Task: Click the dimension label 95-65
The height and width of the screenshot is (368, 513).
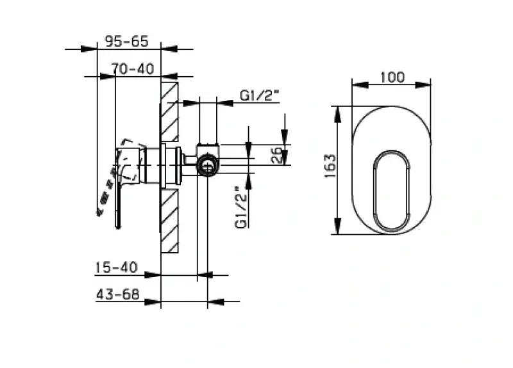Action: click(x=126, y=42)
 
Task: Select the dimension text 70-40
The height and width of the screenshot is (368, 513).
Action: click(x=132, y=68)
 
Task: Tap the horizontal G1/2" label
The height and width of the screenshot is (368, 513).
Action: click(x=260, y=95)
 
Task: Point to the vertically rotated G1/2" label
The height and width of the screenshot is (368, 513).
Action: click(x=240, y=207)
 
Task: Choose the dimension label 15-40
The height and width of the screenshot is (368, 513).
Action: click(x=116, y=268)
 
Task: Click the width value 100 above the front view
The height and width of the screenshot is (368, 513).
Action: click(x=392, y=77)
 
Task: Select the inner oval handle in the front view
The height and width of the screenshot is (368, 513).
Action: click(x=391, y=191)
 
